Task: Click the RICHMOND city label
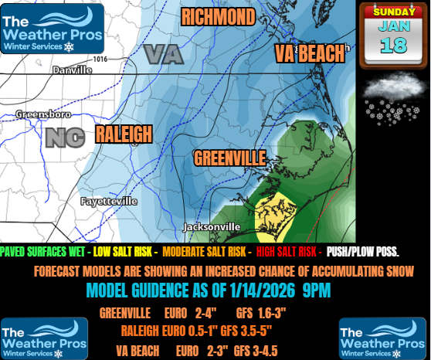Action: click(x=218, y=16)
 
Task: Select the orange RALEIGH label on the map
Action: click(x=124, y=134)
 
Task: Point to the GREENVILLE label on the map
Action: click(x=229, y=158)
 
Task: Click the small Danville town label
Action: click(x=72, y=70)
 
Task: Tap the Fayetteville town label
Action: click(x=109, y=201)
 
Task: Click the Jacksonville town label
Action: click(x=212, y=226)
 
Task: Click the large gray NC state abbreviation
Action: click(x=65, y=138)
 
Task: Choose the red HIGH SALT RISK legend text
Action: click(x=288, y=253)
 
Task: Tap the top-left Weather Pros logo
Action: click(x=53, y=28)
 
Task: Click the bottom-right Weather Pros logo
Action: click(x=382, y=338)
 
